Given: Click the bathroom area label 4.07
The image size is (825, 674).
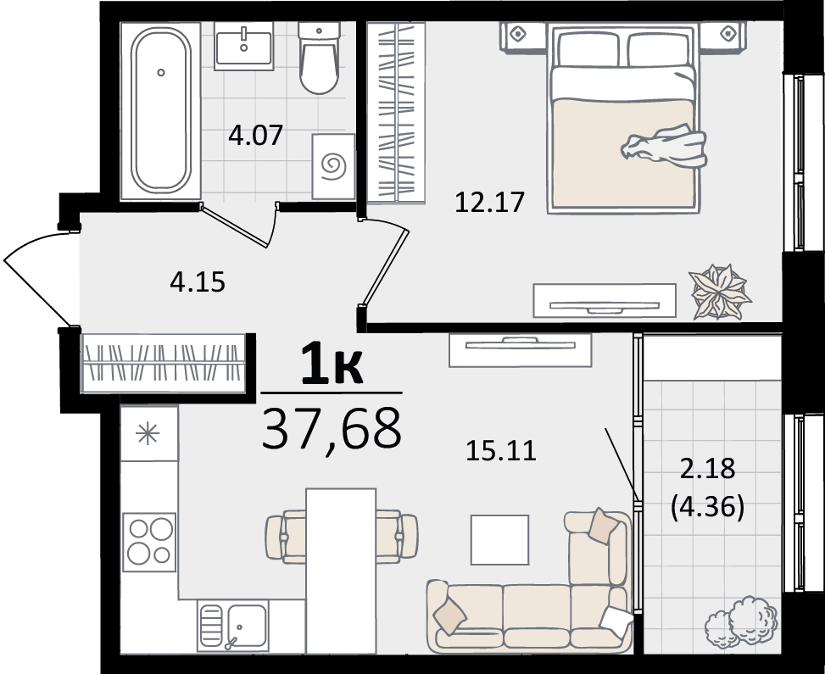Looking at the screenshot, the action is pos(256,135).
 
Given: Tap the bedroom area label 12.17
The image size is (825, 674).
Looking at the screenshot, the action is pos(490,202).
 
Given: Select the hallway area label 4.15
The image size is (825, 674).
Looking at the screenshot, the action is pos(198,282).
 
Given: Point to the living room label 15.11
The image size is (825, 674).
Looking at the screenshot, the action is pos(501,451).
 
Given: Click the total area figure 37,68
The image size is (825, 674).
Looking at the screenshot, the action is pos(332,429).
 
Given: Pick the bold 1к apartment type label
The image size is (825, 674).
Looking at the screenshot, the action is pos(332,363).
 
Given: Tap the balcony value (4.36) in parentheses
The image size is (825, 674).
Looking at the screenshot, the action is pos(708,508).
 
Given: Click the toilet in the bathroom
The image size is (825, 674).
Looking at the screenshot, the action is pos(319,58).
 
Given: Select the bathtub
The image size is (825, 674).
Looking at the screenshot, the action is pos(161,110).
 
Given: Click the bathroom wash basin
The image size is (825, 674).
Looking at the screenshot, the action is pos(243,46).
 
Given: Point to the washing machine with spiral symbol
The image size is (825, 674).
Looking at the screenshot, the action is pos(333,166).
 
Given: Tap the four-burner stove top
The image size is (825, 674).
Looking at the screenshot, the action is pos(149,542).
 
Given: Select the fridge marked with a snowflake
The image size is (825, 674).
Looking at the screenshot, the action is pos(149,433).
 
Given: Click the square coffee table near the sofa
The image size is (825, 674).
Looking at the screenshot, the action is pos(499,540).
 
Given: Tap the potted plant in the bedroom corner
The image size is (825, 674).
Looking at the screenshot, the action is pos(720,292).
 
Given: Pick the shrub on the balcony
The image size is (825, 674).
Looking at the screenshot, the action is pos(741,621).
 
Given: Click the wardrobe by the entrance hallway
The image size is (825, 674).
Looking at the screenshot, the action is pos(164,363).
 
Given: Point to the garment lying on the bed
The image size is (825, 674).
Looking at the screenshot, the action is pos(664,146).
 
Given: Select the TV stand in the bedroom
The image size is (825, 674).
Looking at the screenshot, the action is pos(605,301).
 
